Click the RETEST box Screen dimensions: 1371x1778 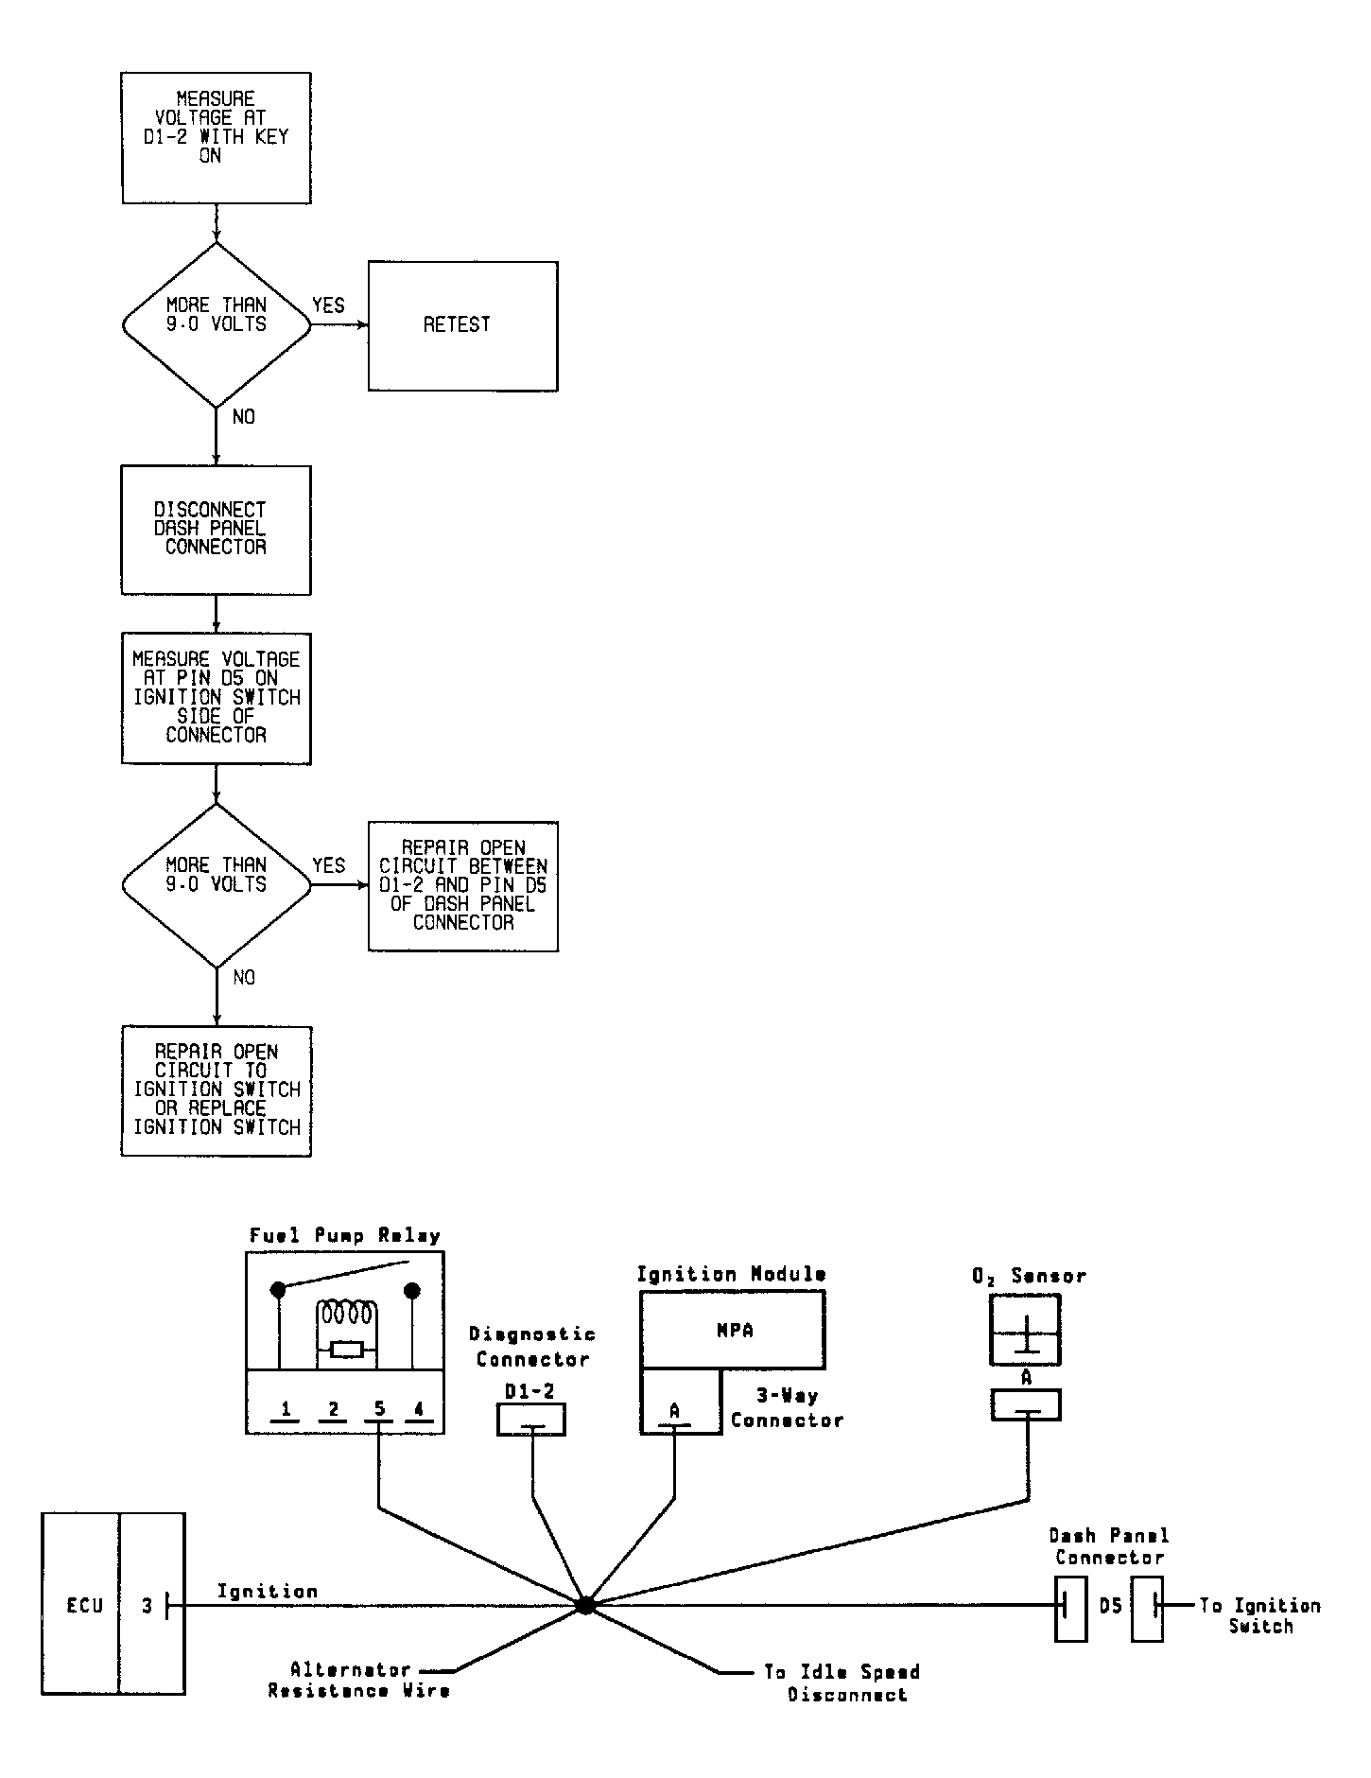tap(462, 325)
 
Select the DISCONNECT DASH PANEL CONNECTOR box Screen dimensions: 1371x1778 tap(216, 530)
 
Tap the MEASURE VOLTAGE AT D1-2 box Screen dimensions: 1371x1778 tap(216, 138)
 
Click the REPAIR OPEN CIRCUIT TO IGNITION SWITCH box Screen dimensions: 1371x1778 tap(216, 1090)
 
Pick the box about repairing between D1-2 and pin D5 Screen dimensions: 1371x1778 tap(462, 886)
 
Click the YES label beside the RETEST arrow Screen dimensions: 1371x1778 tap(328, 305)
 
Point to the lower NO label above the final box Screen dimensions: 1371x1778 tap(244, 977)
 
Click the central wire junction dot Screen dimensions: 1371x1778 tap(585, 1605)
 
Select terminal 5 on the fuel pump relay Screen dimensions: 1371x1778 tap(379, 1409)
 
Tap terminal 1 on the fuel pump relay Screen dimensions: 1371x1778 tap(286, 1409)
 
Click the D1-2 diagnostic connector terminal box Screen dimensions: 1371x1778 tap(531, 1420)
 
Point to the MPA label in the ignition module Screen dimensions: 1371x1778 tap(735, 1330)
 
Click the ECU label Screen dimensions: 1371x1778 tap(84, 1605)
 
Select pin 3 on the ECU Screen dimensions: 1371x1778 tap(147, 1605)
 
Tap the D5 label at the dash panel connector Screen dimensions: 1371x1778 tap(1110, 1606)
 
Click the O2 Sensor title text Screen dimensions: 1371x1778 tap(1030, 1276)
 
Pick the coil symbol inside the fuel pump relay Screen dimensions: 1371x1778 tap(347, 1315)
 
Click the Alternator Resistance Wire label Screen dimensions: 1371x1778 tap(359, 1680)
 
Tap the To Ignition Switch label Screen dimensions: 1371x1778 tap(1260, 1615)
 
